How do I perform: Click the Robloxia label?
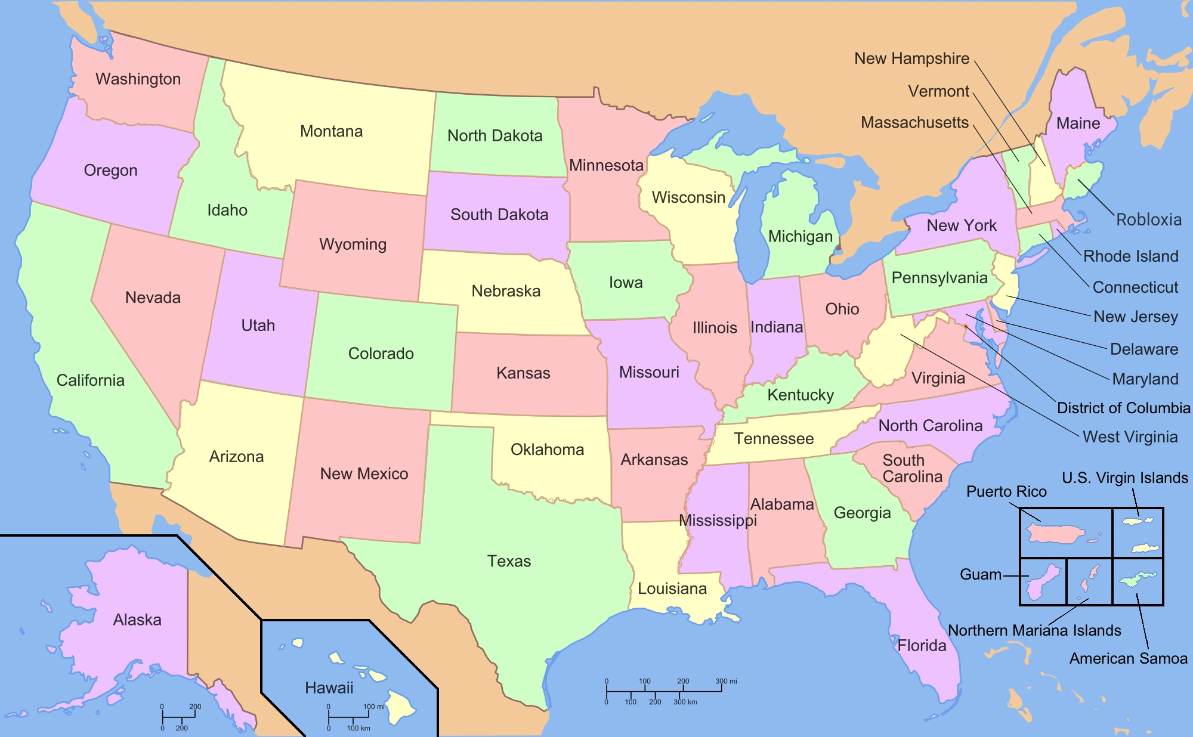click(x=1148, y=219)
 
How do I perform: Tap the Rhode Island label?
click(x=1130, y=256)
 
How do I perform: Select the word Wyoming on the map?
click(x=353, y=244)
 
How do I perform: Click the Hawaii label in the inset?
click(x=329, y=688)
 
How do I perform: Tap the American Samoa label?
click(x=1128, y=658)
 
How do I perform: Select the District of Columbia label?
click(x=1123, y=408)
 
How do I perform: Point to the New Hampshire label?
click(x=911, y=58)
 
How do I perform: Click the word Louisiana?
click(x=672, y=589)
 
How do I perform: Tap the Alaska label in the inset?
click(x=137, y=620)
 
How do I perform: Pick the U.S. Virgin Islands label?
click(x=1124, y=478)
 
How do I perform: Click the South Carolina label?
click(x=911, y=468)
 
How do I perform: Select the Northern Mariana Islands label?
click(x=1034, y=630)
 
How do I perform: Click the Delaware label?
click(x=1143, y=349)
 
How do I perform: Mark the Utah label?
click(x=258, y=326)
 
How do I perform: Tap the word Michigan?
click(x=800, y=237)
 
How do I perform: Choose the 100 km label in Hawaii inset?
click(x=358, y=728)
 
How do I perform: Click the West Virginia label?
click(x=1130, y=437)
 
